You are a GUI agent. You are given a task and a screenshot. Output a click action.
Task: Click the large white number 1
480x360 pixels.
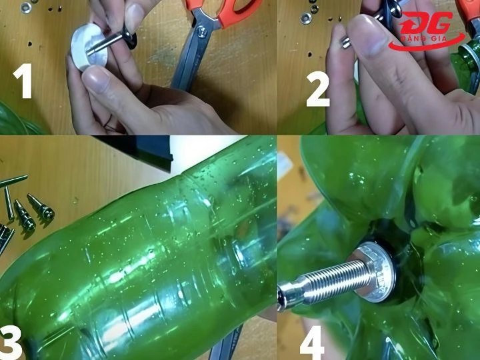(x=24, y=81)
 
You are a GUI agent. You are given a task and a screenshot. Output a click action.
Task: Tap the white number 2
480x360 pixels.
(x=319, y=89)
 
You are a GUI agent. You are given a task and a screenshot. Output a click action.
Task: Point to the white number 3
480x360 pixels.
(x=10, y=342)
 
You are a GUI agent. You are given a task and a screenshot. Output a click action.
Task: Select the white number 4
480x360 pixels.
(x=312, y=343)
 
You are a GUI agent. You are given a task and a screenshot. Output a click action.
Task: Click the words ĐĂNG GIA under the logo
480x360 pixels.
(x=424, y=39)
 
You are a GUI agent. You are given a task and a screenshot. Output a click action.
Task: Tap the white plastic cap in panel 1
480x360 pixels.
(x=89, y=47)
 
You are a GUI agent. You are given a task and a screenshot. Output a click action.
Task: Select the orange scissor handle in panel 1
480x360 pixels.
(x=224, y=11)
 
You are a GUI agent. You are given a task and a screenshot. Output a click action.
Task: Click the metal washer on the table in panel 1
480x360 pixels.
(x=26, y=7)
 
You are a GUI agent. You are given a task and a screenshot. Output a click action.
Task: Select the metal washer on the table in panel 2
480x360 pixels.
(x=306, y=19)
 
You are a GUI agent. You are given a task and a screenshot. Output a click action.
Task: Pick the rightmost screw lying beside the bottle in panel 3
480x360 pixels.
(x=41, y=207)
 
